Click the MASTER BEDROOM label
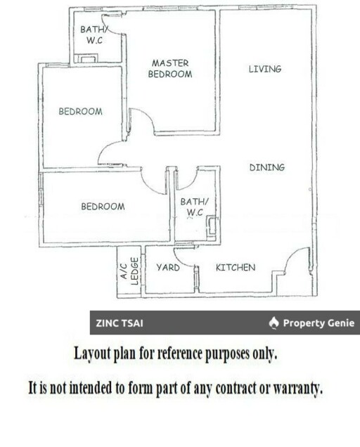click(x=170, y=69)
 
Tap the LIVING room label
click(x=265, y=69)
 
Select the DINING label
click(x=267, y=167)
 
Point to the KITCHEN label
click(x=236, y=267)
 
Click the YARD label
click(x=168, y=267)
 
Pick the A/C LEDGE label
click(x=129, y=271)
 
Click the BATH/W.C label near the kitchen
click(x=195, y=207)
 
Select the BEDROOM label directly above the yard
click(x=103, y=207)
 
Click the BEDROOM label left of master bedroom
click(x=80, y=111)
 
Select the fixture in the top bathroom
click(x=88, y=58)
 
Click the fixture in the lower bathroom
click(x=212, y=226)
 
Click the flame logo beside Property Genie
click(x=274, y=323)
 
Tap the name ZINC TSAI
click(x=120, y=323)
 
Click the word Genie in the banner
click(x=341, y=323)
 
